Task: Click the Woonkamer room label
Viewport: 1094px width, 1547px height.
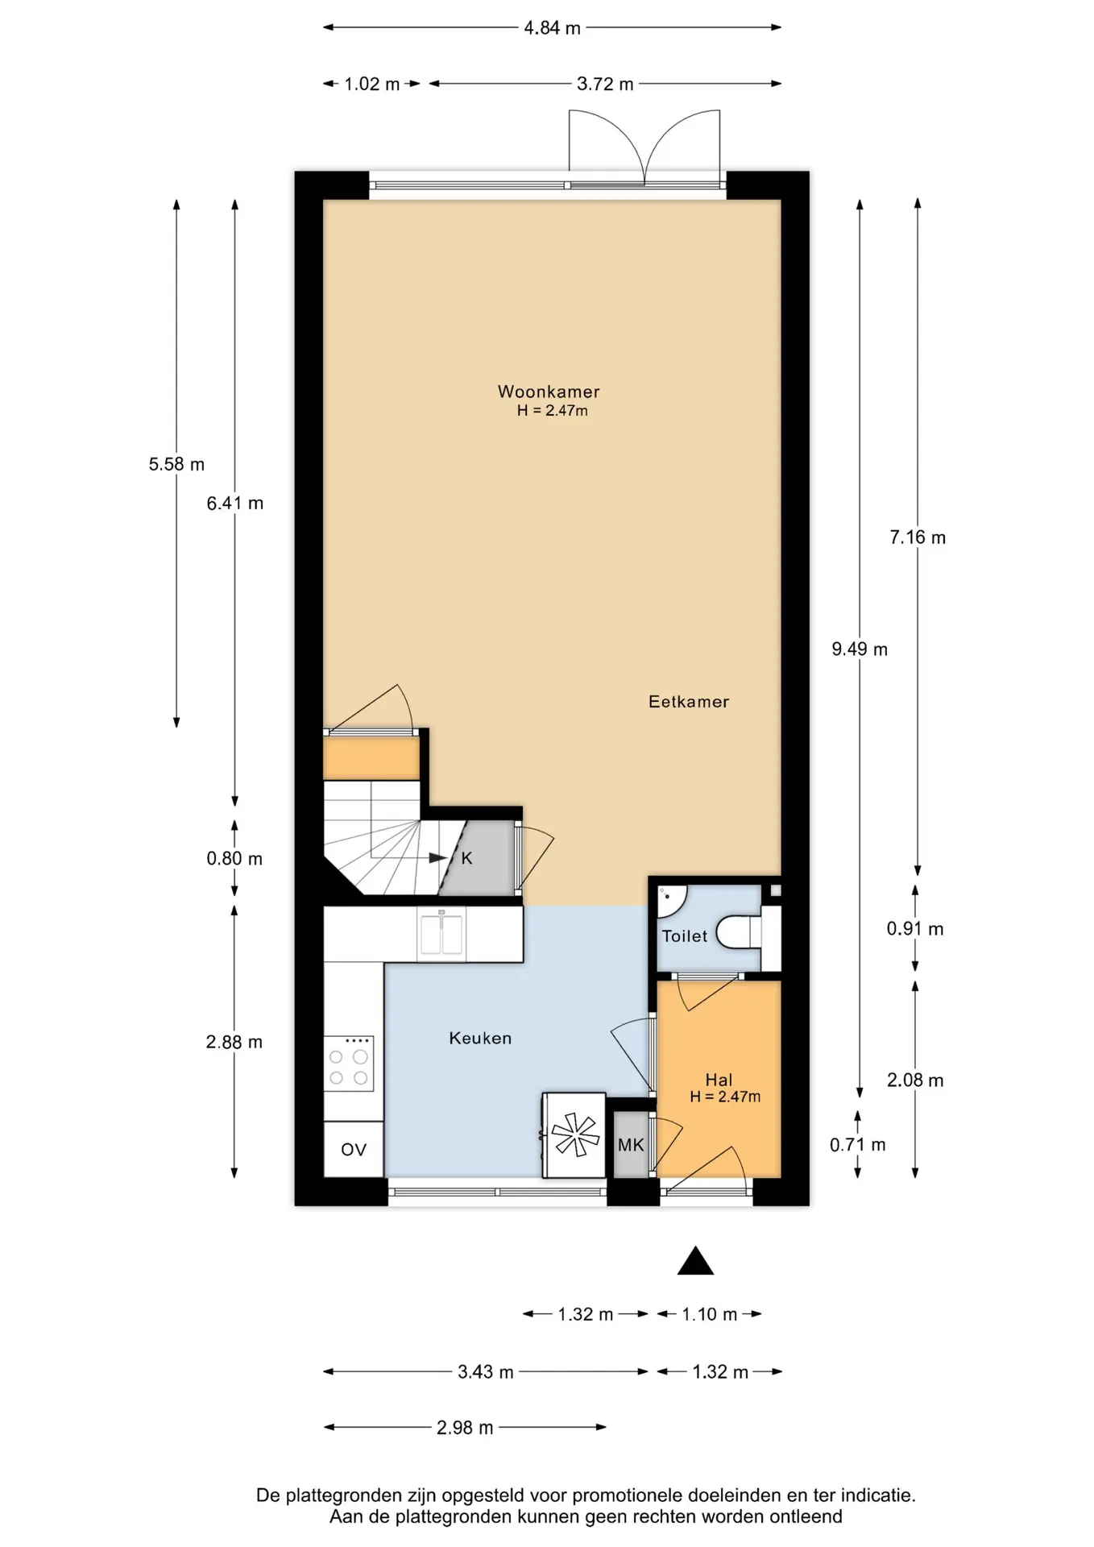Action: click(549, 392)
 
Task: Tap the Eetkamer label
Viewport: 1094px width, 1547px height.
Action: click(689, 702)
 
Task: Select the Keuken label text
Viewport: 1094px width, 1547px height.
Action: click(480, 1039)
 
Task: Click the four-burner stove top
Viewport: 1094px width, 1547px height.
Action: click(349, 1064)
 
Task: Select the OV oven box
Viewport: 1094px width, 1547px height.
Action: click(354, 1150)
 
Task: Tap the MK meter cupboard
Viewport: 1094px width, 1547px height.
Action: click(631, 1145)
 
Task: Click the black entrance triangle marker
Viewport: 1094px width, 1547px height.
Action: click(695, 1261)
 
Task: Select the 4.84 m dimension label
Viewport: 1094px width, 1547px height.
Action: click(552, 28)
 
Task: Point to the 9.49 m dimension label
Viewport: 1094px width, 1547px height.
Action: click(860, 649)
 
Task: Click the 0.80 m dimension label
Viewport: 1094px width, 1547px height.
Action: click(234, 859)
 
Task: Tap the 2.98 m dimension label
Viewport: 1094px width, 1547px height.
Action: click(465, 1429)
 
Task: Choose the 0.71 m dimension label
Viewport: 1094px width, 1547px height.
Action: click(858, 1145)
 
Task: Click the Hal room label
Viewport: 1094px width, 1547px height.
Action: click(719, 1080)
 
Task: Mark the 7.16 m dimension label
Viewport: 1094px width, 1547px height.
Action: click(918, 537)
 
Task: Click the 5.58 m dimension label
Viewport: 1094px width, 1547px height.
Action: click(176, 464)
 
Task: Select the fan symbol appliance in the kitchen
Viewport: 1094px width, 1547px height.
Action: click(575, 1135)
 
